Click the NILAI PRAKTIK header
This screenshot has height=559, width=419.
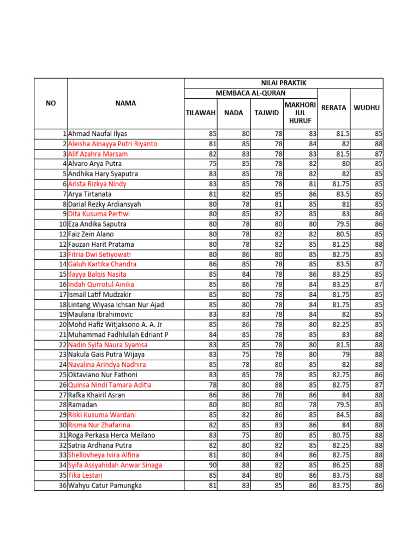click(x=284, y=83)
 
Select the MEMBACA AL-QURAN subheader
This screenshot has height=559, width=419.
click(x=251, y=93)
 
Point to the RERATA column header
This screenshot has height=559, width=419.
click(x=334, y=108)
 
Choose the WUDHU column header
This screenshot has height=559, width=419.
click(x=367, y=108)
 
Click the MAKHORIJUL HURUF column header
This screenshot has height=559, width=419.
click(x=300, y=112)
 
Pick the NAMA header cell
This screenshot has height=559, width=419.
click(x=125, y=103)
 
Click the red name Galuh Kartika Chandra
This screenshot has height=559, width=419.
click(x=102, y=264)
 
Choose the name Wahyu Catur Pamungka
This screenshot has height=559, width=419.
click(x=105, y=485)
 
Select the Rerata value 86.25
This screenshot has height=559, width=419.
click(x=340, y=465)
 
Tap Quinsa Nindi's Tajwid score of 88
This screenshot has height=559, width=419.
click(x=278, y=385)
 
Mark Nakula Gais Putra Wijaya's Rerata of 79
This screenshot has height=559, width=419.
click(x=344, y=355)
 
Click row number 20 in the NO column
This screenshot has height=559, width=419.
click(x=62, y=325)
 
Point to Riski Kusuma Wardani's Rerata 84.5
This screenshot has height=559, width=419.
click(x=342, y=415)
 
